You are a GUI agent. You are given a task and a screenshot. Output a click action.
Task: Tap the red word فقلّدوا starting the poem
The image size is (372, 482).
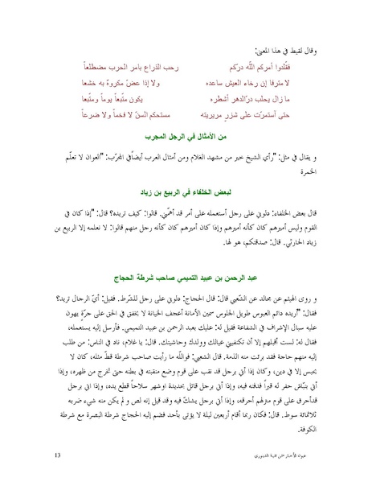[x=305, y=63]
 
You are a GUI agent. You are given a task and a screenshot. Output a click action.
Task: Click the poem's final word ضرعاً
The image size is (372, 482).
[x=71, y=117]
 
